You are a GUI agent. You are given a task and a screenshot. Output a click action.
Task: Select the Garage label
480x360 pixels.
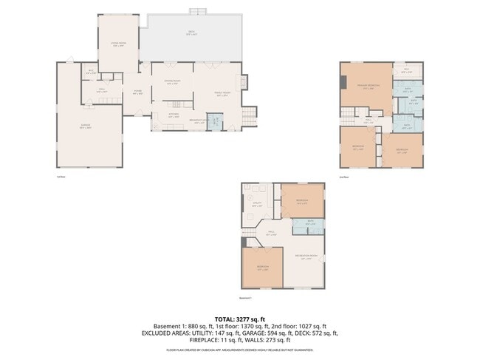(86, 126)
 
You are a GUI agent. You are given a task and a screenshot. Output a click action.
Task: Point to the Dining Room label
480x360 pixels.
(172, 83)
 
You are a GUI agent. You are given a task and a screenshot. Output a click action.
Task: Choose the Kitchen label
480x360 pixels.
(173, 115)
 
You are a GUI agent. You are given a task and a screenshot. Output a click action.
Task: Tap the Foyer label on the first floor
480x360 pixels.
(137, 92)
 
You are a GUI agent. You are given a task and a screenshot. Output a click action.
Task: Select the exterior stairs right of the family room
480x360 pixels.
(249, 115)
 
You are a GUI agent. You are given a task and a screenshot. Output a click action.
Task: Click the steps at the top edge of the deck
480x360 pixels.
(196, 10)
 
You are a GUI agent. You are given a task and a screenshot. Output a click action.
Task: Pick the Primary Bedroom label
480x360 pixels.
(363, 86)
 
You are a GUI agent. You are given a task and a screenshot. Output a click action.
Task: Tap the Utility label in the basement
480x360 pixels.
(258, 205)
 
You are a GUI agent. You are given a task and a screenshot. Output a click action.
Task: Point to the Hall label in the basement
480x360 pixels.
(271, 234)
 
